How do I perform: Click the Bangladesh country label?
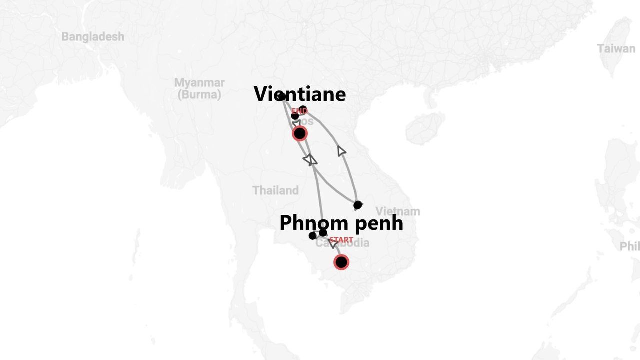[93, 37]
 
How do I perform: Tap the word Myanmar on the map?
[199, 83]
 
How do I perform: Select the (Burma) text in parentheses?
[199, 95]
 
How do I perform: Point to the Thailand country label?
[275, 190]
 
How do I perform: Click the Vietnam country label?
[398, 211]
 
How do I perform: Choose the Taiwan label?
[616, 49]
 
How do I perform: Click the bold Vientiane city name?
[300, 94]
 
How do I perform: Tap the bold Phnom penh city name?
[341, 223]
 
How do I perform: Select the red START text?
[341, 240]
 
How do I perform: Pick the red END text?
[299, 111]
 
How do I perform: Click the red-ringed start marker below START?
[341, 262]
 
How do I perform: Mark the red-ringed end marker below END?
[300, 133]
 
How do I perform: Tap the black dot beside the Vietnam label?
[358, 205]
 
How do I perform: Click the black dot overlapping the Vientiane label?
[281, 96]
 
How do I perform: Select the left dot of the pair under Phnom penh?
[313, 236]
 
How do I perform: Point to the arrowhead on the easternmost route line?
[341, 151]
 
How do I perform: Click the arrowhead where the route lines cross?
[310, 160]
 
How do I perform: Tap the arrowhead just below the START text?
[332, 244]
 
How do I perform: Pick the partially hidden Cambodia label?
[350, 244]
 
